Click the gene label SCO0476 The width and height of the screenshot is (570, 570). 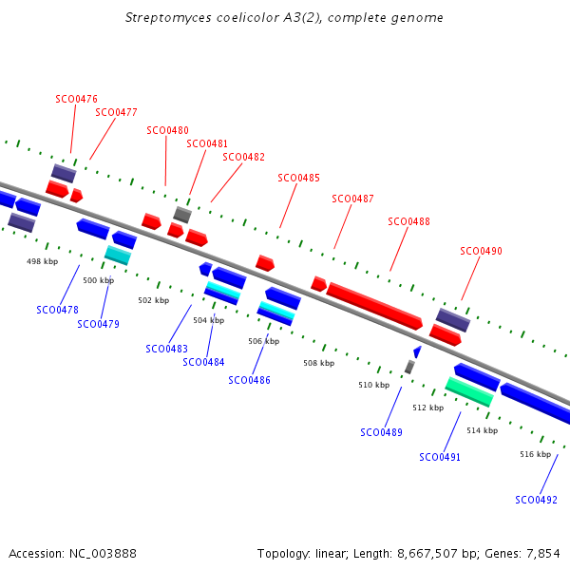(76, 99)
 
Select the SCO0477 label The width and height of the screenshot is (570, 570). (116, 112)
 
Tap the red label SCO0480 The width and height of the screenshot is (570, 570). (167, 130)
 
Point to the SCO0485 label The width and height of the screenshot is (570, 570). (299, 178)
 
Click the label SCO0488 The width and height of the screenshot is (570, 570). (408, 221)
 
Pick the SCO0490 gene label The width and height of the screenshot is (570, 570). (482, 251)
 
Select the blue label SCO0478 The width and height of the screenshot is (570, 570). (57, 310)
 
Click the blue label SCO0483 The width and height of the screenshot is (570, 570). (167, 349)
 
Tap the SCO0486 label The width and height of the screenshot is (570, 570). (249, 380)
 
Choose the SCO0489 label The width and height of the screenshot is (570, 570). (381, 432)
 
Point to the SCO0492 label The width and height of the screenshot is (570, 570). (536, 500)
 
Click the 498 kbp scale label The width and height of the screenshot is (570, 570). (42, 261)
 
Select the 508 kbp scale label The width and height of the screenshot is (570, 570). (319, 363)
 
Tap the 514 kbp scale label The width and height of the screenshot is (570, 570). (483, 430)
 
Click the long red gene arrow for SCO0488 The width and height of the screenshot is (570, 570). (374, 306)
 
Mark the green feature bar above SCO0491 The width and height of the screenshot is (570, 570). (469, 391)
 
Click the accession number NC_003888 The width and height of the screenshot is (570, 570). (103, 554)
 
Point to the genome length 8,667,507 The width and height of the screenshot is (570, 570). (427, 554)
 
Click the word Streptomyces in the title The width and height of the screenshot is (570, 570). (167, 18)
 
